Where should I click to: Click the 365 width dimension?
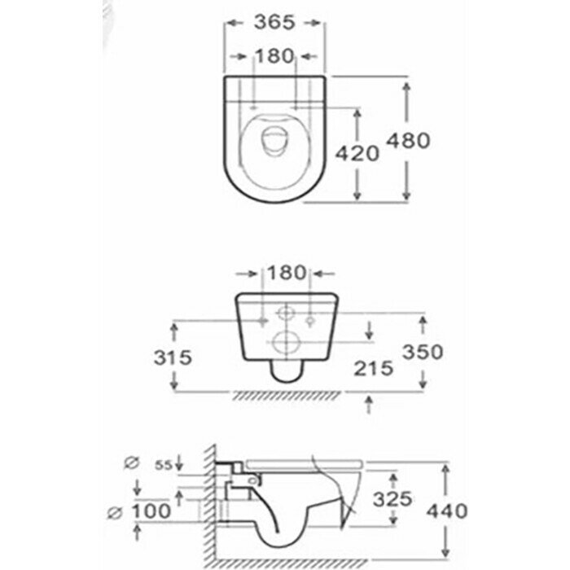272,23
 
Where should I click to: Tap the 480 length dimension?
430,140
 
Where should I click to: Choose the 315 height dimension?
172,357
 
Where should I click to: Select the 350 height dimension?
423,353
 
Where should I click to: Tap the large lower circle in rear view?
285,343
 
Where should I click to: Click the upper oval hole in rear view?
286,313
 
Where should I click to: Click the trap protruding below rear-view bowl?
285,374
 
